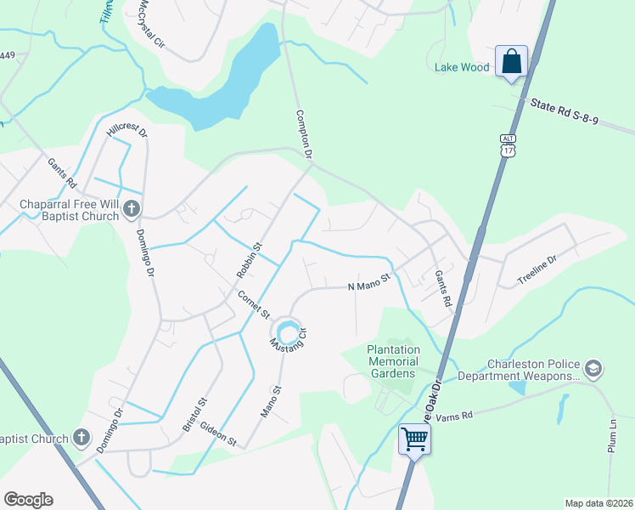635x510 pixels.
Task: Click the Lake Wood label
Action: tap(463, 67)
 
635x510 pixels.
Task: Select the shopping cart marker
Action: tap(414, 439)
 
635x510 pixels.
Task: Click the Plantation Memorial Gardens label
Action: tap(393, 361)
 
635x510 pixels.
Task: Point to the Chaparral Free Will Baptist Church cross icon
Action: tap(132, 208)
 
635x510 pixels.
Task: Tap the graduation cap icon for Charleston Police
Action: tap(593, 368)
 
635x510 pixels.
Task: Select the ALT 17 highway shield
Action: tap(508, 145)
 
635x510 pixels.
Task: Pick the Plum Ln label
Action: tap(612, 434)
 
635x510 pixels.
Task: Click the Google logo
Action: tap(28, 500)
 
